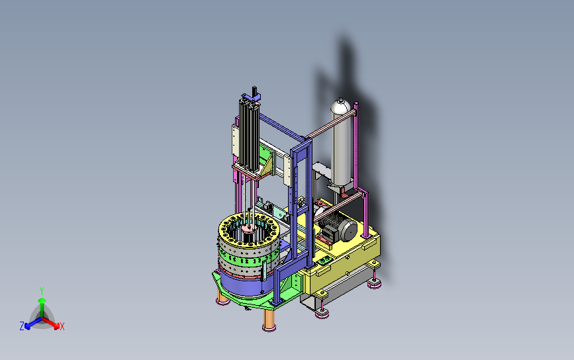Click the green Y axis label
pyautogui.click(x=42, y=291)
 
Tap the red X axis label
pyautogui.click(x=62, y=326)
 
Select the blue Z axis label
pyautogui.click(x=22, y=326)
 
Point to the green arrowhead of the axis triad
pyautogui.click(x=42, y=300)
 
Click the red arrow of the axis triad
pyautogui.click(x=51, y=323)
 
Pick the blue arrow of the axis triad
pyautogui.click(x=33, y=323)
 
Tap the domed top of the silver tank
pyautogui.click(x=341, y=105)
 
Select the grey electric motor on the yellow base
pyautogui.click(x=338, y=227)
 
